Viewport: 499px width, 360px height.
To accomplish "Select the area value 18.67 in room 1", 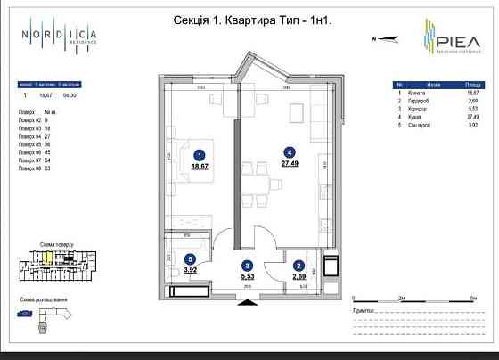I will pos(199,166).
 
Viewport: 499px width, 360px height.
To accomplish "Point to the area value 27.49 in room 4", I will pos(288,164).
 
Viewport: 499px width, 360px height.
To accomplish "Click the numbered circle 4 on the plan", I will pos(288,152).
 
